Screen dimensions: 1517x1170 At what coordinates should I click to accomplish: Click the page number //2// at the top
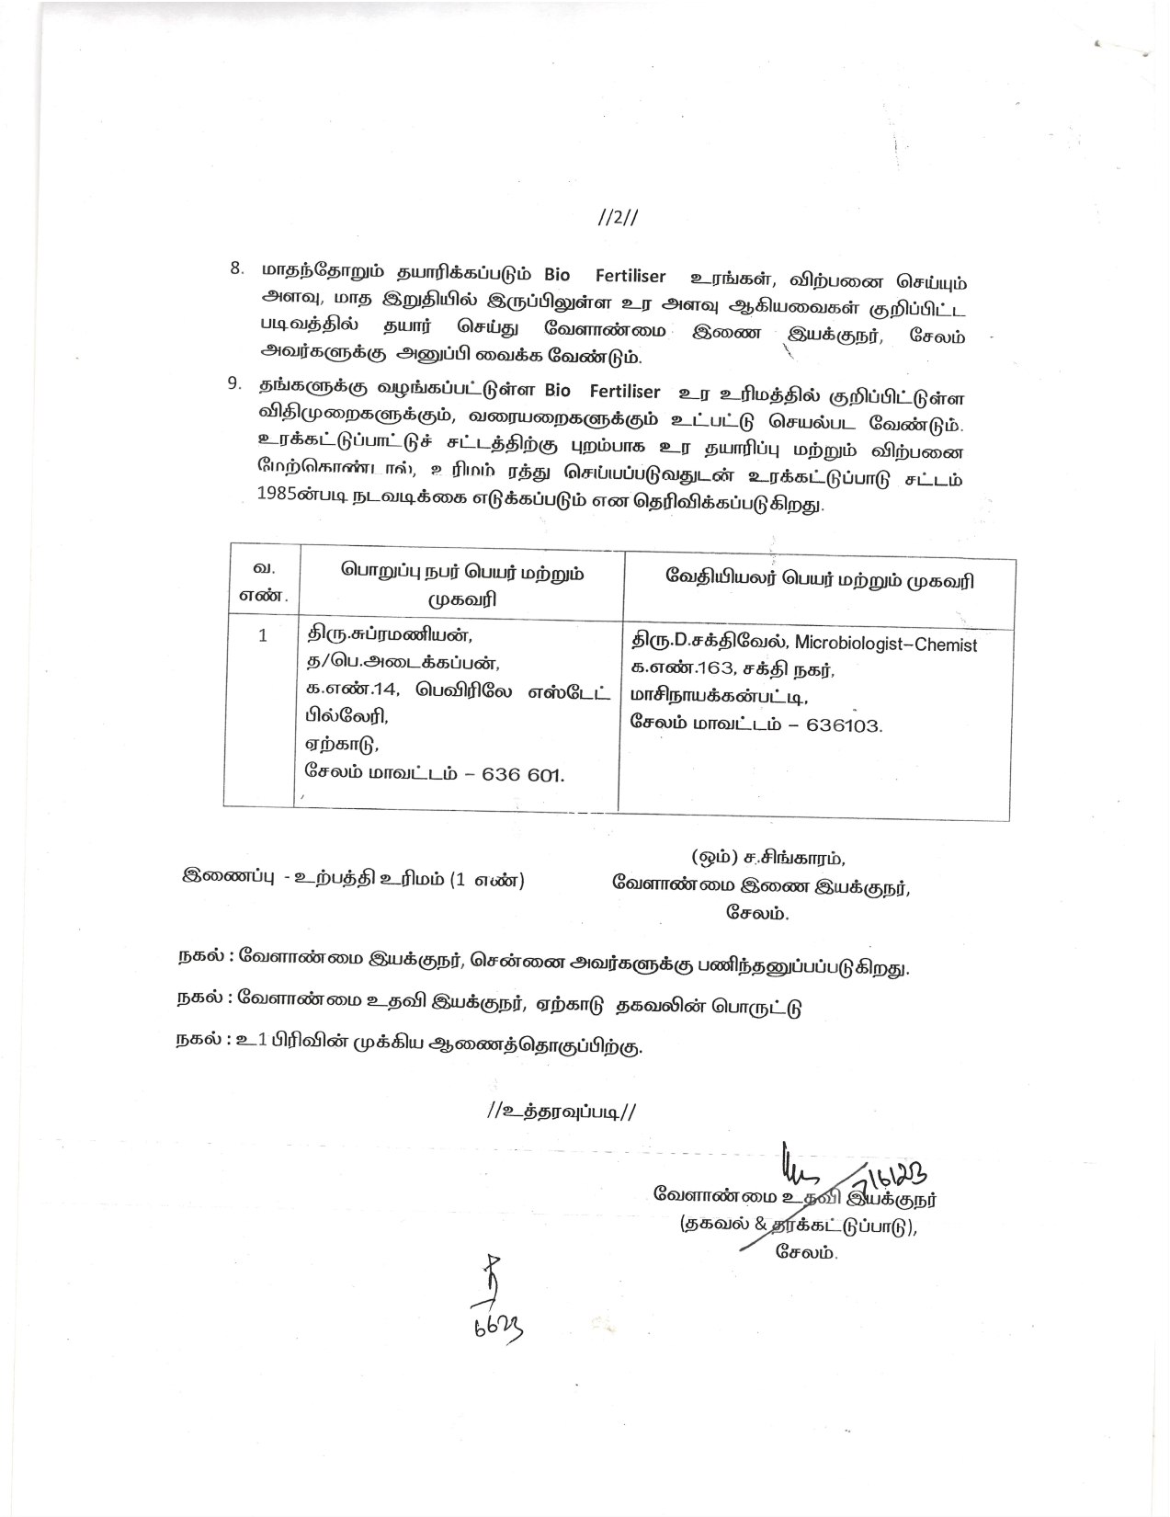(x=618, y=218)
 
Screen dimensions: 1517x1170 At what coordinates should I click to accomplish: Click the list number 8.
(x=237, y=268)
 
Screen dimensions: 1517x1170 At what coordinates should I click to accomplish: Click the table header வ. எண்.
(x=264, y=582)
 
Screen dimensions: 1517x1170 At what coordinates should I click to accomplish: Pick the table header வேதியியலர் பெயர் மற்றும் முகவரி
(x=819, y=580)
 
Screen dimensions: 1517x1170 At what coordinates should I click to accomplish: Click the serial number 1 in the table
(x=264, y=635)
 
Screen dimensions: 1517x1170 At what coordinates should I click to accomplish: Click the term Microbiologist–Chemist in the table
(x=885, y=644)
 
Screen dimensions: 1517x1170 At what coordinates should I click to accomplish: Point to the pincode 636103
(x=843, y=724)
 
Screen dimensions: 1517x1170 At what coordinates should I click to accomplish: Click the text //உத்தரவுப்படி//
(x=562, y=1111)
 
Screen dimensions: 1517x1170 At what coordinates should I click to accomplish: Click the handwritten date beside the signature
(x=892, y=1176)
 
